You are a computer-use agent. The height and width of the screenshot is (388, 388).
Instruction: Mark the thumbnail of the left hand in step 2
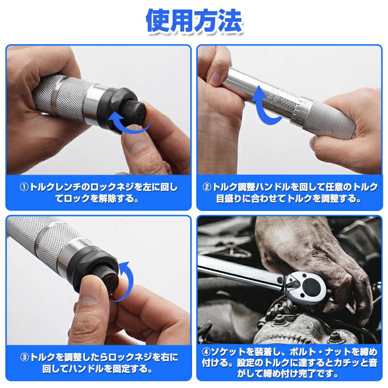(x=214, y=76)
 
